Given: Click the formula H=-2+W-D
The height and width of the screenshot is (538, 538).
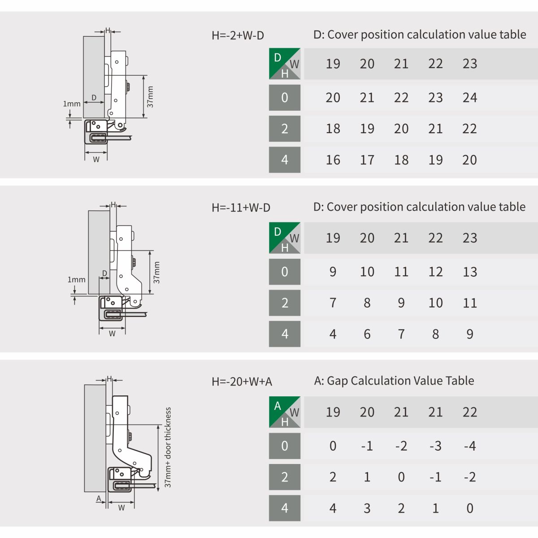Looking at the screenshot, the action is pyautogui.click(x=238, y=35).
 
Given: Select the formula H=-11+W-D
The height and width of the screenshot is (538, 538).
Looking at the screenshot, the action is pyautogui.click(x=241, y=208).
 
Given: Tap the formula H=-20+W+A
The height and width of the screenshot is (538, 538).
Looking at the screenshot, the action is pyautogui.click(x=242, y=382).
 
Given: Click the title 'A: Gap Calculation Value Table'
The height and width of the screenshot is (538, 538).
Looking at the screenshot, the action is pyautogui.click(x=394, y=381).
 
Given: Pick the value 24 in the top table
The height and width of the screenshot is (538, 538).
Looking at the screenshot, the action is pyautogui.click(x=470, y=98).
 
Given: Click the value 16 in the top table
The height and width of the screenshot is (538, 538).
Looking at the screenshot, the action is pyautogui.click(x=333, y=160).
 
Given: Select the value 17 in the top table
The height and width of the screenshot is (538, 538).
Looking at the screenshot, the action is pyautogui.click(x=367, y=160).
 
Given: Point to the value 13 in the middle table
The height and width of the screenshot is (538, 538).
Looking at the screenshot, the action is pyautogui.click(x=470, y=272).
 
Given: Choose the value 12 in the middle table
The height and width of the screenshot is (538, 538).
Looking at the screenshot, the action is pyautogui.click(x=435, y=272).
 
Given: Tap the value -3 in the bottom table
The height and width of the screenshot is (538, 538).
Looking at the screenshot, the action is pyautogui.click(x=435, y=446).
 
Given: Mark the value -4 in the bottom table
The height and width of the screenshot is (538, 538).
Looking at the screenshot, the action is pyautogui.click(x=470, y=446).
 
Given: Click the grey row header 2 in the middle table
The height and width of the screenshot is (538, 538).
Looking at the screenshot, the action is pyautogui.click(x=285, y=303).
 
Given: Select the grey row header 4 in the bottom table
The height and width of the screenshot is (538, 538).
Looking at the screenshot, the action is pyautogui.click(x=285, y=508).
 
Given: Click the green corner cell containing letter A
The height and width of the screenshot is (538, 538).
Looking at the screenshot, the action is pyautogui.click(x=285, y=412).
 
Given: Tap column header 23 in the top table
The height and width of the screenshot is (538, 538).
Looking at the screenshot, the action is pyautogui.click(x=470, y=64).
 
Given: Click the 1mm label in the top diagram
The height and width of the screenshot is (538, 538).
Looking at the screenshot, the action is pyautogui.click(x=72, y=104).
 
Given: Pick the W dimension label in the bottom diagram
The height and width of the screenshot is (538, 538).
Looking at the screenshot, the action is pyautogui.click(x=121, y=508).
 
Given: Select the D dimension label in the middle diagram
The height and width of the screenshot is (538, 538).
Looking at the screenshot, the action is pyautogui.click(x=105, y=273).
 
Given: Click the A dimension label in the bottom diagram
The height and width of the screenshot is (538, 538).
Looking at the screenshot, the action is pyautogui.click(x=99, y=499).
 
